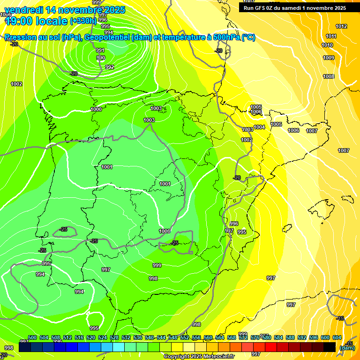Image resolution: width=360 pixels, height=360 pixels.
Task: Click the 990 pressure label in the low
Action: click(x=101, y=58)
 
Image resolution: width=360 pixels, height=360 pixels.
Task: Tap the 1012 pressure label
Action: click(x=341, y=27)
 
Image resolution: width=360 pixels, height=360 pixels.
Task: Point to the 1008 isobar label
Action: click(x=328, y=76)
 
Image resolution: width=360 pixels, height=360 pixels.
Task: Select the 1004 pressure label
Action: click(x=259, y=127)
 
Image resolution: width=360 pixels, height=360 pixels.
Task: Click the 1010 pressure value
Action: click(x=327, y=45)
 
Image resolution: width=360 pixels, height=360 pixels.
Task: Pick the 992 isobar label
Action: click(x=109, y=67)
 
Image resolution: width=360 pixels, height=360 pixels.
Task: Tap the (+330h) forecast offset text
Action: click(x=83, y=21)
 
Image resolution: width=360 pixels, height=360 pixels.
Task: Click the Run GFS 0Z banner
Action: click(x=295, y=8)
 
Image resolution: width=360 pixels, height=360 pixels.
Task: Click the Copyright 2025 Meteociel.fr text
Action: click(x=199, y=356)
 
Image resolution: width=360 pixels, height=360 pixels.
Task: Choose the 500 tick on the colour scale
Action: click(x=32, y=337)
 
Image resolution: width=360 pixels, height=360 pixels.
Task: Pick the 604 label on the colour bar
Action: click(x=337, y=337)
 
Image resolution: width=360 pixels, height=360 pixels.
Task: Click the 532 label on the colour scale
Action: click(x=126, y=337)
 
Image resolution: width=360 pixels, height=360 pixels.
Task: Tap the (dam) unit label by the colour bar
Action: click(x=347, y=348)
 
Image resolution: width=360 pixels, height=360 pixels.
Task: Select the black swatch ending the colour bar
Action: click(x=330, y=347)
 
